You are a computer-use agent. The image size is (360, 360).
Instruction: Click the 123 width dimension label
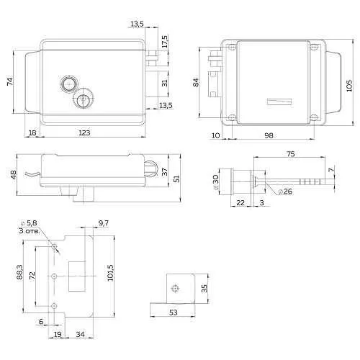coord(84,132)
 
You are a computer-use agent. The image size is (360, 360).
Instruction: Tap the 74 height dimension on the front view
coord(10,81)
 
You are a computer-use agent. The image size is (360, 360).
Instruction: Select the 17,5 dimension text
coord(165,42)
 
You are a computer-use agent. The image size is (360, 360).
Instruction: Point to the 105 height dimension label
coord(349,86)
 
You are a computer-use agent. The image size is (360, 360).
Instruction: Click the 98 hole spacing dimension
coord(269,135)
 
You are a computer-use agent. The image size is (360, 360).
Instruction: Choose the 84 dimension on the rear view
coord(196,82)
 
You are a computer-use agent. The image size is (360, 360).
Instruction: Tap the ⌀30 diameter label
coord(215,182)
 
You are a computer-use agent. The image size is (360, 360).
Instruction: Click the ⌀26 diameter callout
coord(286,192)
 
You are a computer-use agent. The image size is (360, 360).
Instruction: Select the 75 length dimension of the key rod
coord(291,154)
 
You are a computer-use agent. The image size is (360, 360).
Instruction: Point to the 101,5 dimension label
coord(110,273)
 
